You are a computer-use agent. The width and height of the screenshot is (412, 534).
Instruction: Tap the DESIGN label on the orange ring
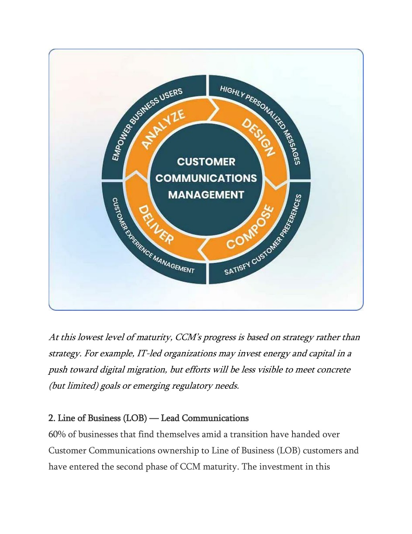click(258, 137)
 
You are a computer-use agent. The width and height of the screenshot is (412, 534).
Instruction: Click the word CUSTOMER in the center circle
click(206, 162)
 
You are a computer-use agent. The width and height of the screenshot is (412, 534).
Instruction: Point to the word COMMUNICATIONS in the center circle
click(206, 178)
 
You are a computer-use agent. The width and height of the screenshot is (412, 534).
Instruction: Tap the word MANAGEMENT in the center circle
click(206, 195)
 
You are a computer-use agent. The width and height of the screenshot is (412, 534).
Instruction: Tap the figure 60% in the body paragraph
click(57, 434)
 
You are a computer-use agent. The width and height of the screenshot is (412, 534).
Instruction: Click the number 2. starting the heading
click(52, 418)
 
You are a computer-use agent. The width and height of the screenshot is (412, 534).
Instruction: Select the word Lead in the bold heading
click(170, 418)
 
